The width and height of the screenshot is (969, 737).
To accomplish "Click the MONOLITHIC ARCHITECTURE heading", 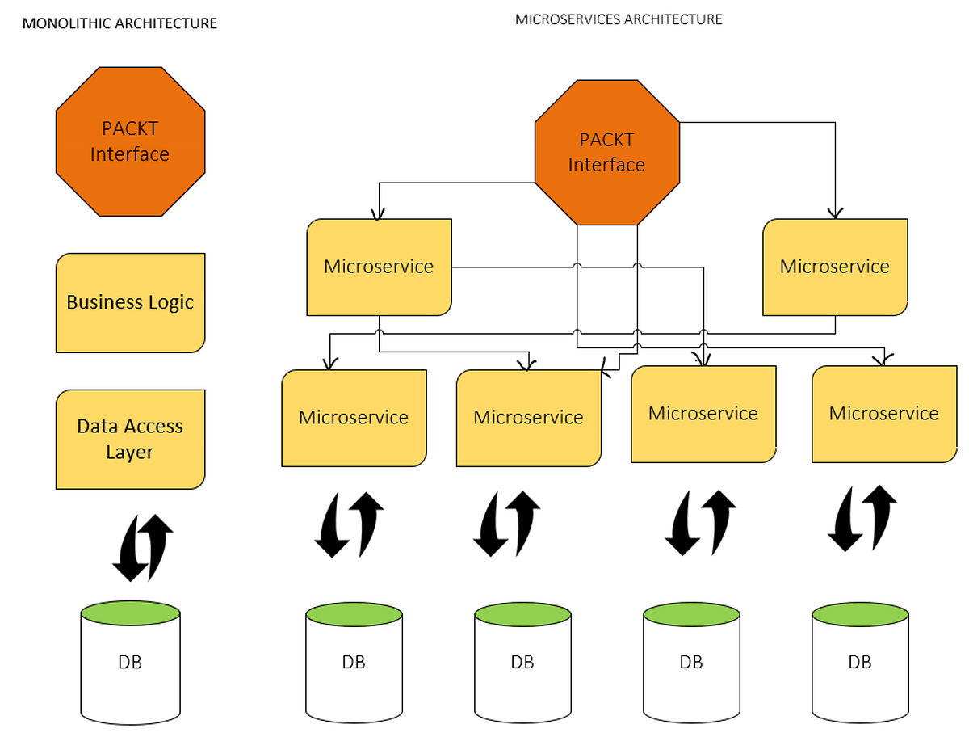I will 120,23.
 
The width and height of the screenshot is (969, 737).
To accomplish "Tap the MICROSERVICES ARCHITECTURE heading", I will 619,19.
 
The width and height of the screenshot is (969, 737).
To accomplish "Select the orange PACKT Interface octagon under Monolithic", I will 130,141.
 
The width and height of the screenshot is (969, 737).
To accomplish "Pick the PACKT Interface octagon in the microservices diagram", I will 606,152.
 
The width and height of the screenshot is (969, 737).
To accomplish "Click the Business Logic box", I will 130,302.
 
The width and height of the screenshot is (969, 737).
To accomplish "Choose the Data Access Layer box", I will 130,439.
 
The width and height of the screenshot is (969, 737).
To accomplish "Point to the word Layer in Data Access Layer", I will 129,453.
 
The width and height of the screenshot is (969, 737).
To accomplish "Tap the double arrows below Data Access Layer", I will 142,547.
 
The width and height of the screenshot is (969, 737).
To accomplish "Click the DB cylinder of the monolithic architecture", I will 130,662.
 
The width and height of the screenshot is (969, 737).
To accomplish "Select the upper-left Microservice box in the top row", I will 379,267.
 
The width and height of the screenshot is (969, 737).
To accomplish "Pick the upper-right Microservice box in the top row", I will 834,267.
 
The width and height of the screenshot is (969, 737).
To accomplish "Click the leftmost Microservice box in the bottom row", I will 354,418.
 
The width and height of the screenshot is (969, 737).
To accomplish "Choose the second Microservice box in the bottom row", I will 528,418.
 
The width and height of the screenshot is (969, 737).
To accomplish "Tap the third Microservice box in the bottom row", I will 703,414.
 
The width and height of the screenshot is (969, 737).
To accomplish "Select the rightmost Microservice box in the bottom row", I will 883,414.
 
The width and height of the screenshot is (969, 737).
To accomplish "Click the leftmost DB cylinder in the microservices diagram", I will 354,662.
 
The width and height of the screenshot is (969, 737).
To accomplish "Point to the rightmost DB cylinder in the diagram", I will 860,662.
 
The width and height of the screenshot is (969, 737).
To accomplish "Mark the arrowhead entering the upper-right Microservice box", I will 835,213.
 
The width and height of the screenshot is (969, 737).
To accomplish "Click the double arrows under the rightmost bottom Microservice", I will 862,517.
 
